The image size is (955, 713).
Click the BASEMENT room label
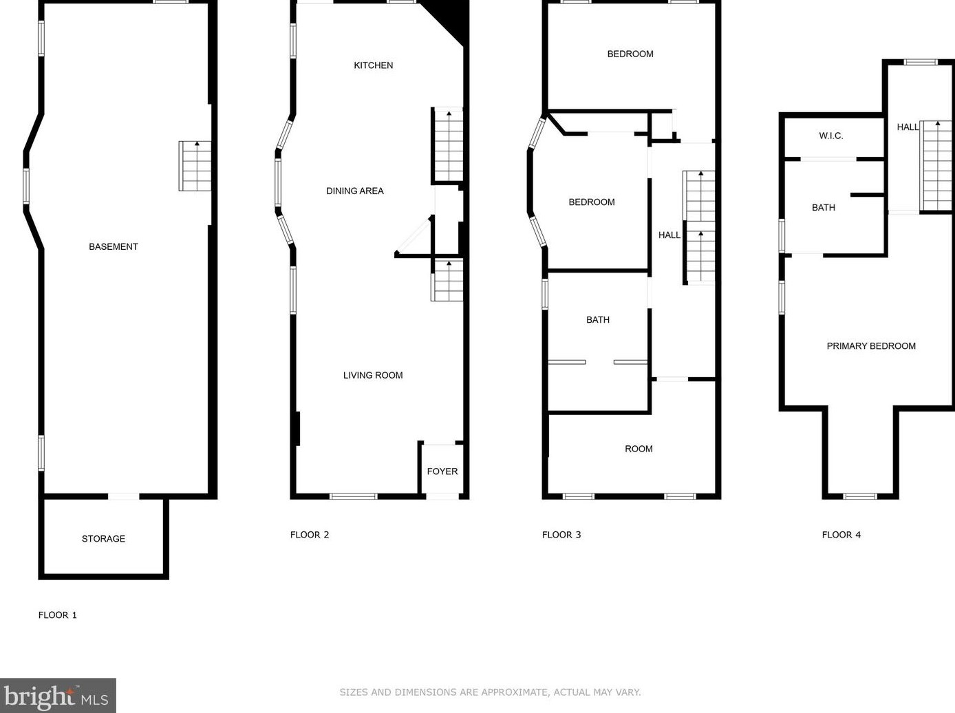point(114,246)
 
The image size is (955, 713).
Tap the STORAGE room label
point(103,539)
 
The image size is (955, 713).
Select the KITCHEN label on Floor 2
point(374,65)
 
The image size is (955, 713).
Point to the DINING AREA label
point(355,191)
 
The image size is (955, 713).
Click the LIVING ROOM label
point(373,375)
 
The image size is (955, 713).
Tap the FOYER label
point(442,471)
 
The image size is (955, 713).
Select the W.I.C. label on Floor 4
point(830,136)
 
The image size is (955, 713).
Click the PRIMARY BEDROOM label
point(871,346)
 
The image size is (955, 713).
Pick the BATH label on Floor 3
point(598,319)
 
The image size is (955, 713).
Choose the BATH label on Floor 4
point(824,207)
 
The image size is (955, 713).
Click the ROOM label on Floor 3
point(639,449)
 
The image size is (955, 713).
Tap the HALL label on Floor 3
point(669,235)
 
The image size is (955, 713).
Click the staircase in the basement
point(195,166)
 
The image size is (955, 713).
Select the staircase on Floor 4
point(936,166)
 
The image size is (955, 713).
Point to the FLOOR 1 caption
point(58,615)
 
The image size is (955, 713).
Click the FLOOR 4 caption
point(841,535)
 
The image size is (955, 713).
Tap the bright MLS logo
point(58,696)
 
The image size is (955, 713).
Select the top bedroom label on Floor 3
point(630,54)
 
